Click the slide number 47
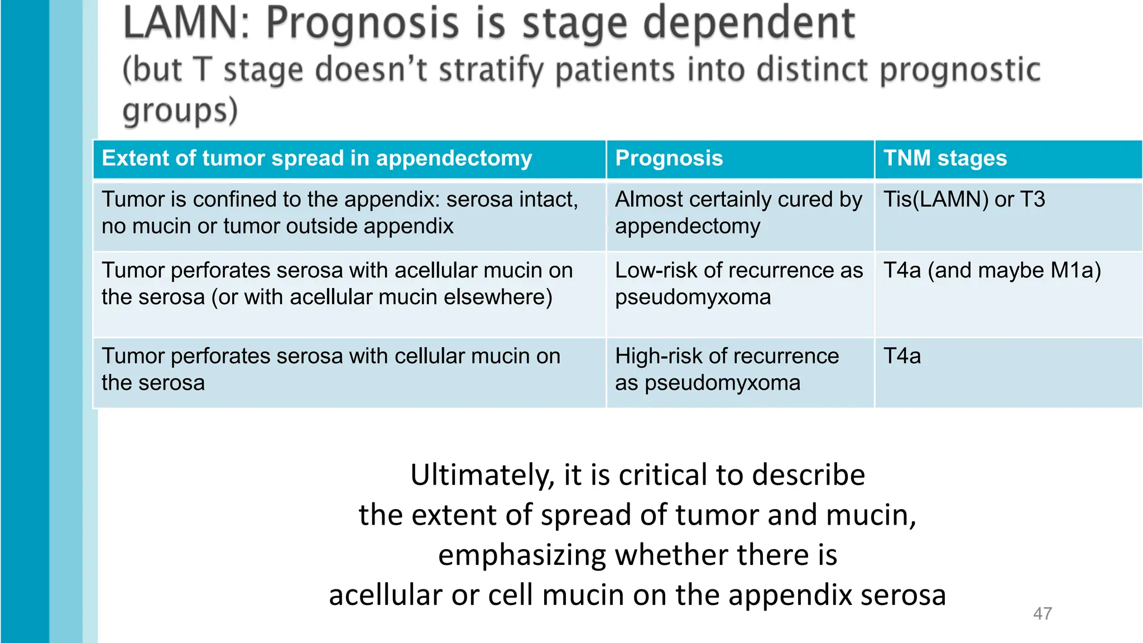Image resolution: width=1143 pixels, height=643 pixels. point(1042,613)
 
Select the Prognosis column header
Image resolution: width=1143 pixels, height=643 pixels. point(669,159)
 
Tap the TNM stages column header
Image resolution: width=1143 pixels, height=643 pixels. point(945,159)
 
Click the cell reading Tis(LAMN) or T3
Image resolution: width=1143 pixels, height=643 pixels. point(964,200)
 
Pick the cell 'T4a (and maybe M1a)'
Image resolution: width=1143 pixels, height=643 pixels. point(992,271)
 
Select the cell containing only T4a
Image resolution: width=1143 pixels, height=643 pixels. point(902,356)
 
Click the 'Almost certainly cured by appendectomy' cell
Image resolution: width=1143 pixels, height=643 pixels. point(738,213)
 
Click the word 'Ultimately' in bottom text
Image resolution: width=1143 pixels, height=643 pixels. point(482,476)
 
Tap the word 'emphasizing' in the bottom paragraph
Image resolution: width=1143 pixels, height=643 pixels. point(521,556)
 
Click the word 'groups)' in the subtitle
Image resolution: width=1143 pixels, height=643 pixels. point(180,111)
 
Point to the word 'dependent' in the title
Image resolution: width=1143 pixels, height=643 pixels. point(749,23)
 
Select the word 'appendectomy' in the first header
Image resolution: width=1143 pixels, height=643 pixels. point(454,159)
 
